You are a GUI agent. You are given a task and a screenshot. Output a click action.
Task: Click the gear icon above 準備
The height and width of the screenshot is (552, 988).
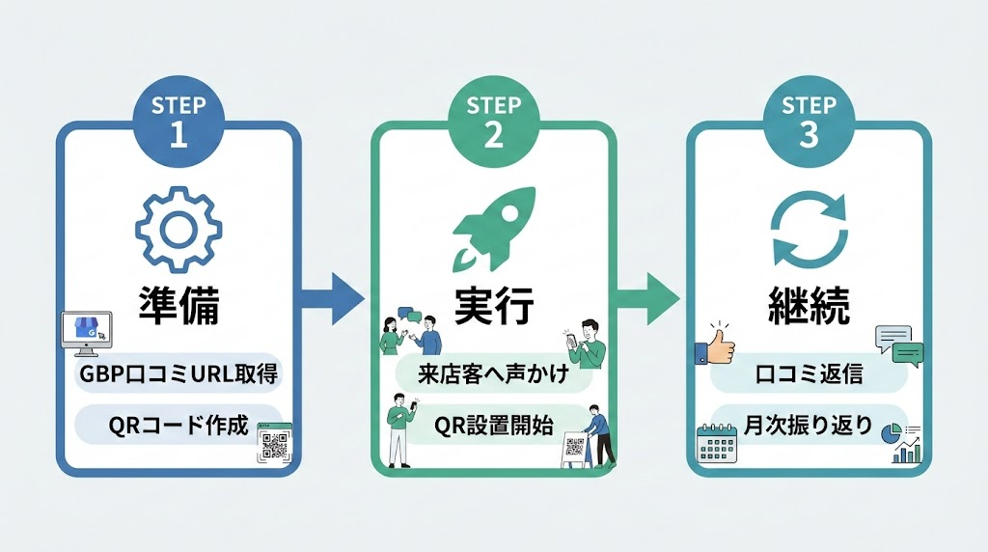pyautogui.click(x=177, y=230)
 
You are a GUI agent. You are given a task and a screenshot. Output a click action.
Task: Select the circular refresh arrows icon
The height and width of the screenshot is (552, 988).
pyautogui.click(x=809, y=230)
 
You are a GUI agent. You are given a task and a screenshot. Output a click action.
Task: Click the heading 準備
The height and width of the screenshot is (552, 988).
pyautogui.click(x=178, y=308)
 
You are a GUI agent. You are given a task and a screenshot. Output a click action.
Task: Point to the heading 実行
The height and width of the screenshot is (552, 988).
pyautogui.click(x=493, y=308)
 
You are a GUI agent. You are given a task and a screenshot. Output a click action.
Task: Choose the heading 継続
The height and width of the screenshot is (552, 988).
pyautogui.click(x=809, y=308)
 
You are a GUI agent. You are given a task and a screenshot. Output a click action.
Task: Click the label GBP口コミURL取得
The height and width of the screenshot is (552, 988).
pyautogui.click(x=178, y=373)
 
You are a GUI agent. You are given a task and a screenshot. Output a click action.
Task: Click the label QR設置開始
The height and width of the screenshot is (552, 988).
pyautogui.click(x=493, y=424)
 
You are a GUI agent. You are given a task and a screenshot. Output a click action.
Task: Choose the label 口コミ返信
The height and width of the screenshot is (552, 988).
pyautogui.click(x=808, y=373)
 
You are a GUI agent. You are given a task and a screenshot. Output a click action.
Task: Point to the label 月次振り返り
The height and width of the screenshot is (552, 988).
pyautogui.click(x=808, y=424)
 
